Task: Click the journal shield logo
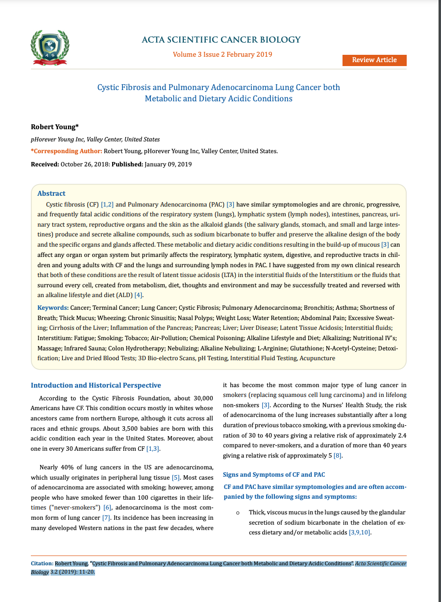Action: click(50, 47)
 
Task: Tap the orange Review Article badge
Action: click(374, 60)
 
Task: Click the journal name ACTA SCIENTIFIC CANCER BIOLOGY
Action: click(221, 40)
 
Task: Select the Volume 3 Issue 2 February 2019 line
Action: click(222, 54)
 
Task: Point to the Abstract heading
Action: click(51, 193)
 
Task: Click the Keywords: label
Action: click(53, 308)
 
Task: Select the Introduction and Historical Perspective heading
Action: click(96, 386)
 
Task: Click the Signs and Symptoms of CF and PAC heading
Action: click(274, 475)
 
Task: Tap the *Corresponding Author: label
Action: click(67, 151)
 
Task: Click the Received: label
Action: click(45, 164)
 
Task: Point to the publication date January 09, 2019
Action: click(168, 164)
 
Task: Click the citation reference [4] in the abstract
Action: click(139, 295)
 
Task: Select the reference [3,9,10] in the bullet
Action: click(360, 533)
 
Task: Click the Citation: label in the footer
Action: click(42, 564)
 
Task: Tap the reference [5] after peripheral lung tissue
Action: click(176, 477)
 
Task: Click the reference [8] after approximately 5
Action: click(338, 456)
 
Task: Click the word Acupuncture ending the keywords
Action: click(317, 358)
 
